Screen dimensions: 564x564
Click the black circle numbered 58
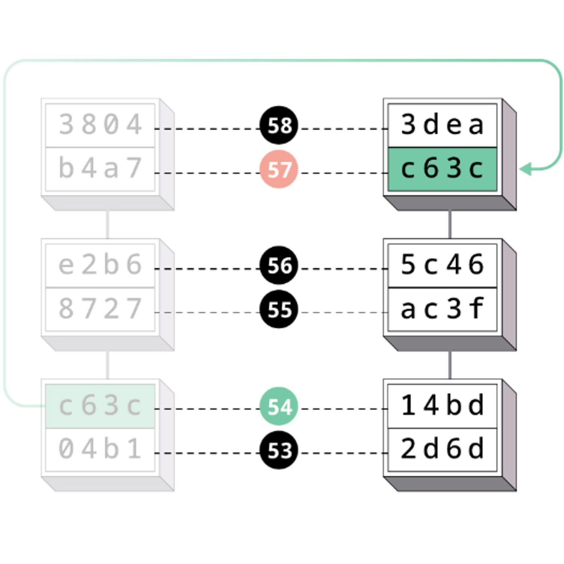point(279,125)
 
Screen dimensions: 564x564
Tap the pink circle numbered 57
point(279,169)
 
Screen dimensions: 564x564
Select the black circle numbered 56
point(279,265)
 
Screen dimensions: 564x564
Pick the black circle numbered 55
point(279,309)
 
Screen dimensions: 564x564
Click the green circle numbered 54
point(279,406)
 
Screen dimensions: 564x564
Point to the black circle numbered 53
point(279,450)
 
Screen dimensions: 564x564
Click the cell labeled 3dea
point(442,125)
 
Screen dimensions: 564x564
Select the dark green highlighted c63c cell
point(442,169)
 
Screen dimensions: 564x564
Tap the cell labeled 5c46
point(442,265)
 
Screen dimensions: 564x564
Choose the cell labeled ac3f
point(442,309)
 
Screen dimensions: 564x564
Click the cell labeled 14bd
point(442,406)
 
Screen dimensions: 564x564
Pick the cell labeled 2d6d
point(442,450)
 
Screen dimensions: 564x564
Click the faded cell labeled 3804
point(100,125)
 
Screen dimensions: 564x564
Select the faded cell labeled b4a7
point(100,169)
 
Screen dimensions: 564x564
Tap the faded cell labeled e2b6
point(100,265)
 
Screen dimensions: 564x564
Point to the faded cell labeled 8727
point(100,309)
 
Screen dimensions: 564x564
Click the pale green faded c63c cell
point(100,406)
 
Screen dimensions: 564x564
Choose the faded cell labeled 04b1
point(100,450)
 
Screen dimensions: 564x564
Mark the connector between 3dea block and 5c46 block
point(450,224)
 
